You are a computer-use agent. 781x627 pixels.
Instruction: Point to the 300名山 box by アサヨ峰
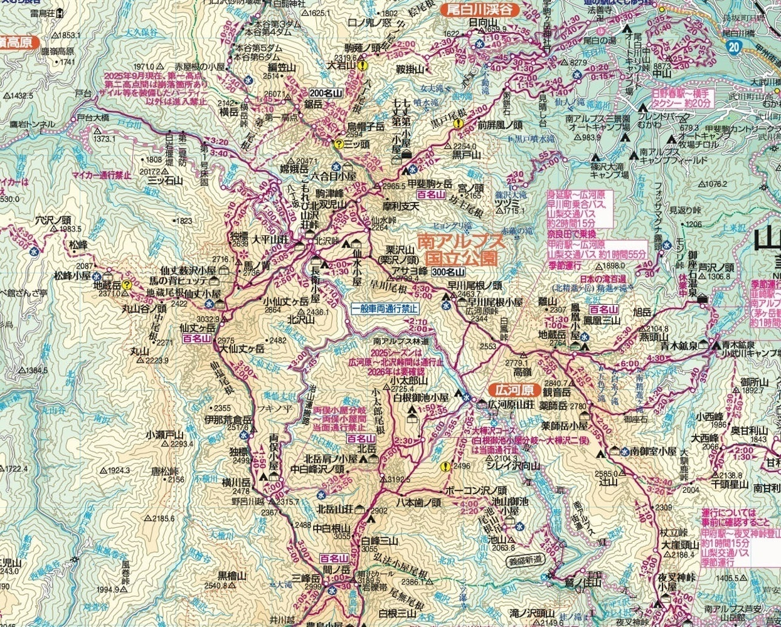pos(448,271)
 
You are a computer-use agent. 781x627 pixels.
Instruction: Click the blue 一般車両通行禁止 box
pos(384,309)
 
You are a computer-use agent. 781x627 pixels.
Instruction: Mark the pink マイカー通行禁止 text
pos(101,175)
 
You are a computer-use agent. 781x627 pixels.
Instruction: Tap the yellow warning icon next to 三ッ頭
pos(339,144)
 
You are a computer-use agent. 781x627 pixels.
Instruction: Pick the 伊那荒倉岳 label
pos(228,419)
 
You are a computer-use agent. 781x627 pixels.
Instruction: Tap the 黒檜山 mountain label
pos(232,574)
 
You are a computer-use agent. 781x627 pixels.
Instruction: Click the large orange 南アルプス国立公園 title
pos(460,249)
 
